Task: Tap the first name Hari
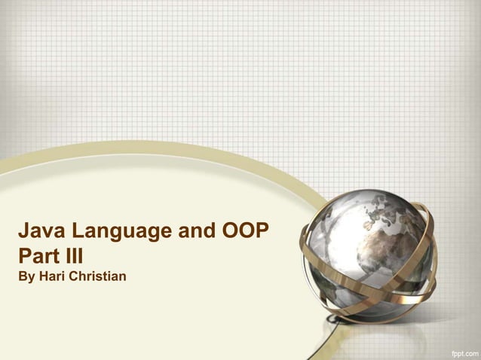[x=54, y=273]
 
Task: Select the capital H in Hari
[x=44, y=273]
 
